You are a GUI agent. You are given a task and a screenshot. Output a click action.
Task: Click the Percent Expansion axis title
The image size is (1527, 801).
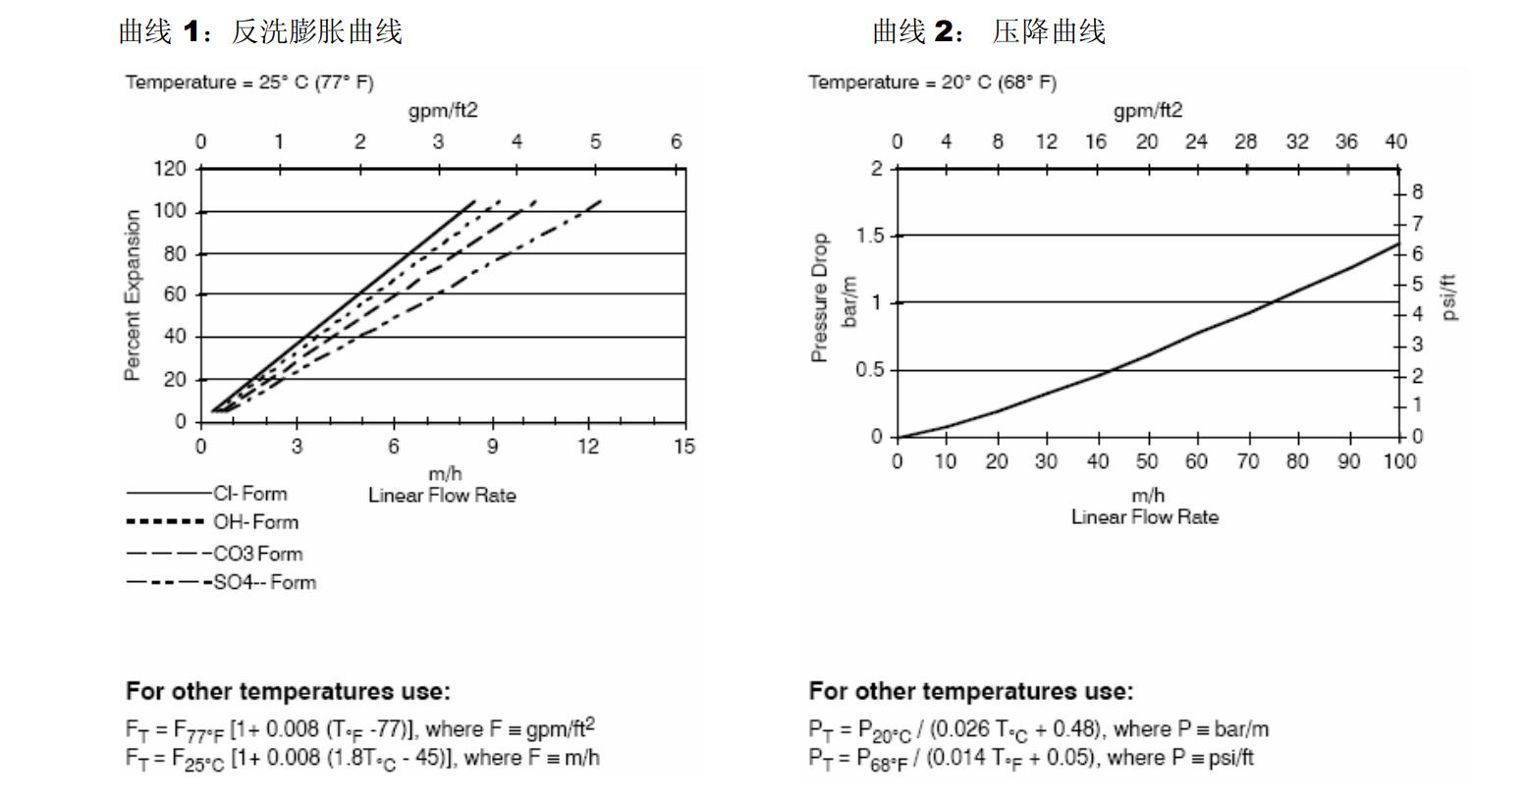[x=132, y=295]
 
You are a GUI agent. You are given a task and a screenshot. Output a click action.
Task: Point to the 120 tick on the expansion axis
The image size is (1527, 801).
[x=169, y=169]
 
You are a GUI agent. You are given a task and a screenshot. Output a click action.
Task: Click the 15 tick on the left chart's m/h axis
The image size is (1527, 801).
[x=684, y=447]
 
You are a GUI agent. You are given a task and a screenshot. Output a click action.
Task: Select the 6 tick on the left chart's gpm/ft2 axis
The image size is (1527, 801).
[x=676, y=142]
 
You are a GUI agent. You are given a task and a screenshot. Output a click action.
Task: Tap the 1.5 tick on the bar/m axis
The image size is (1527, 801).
[x=870, y=236]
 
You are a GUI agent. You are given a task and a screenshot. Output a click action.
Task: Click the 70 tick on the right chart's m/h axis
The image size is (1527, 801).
[x=1246, y=461]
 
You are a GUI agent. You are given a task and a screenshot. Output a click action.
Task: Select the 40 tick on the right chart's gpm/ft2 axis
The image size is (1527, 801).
[x=1395, y=142]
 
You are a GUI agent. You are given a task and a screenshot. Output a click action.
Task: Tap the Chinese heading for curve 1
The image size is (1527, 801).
[x=260, y=32]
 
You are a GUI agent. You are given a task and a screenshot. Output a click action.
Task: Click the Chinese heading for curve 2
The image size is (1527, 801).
[x=989, y=32]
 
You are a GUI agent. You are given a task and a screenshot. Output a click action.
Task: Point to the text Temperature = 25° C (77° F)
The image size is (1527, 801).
[x=249, y=82]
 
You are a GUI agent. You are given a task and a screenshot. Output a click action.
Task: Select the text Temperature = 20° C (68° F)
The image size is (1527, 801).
[x=932, y=82]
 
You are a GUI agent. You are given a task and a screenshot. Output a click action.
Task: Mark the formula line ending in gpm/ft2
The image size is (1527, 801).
[x=359, y=729]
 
